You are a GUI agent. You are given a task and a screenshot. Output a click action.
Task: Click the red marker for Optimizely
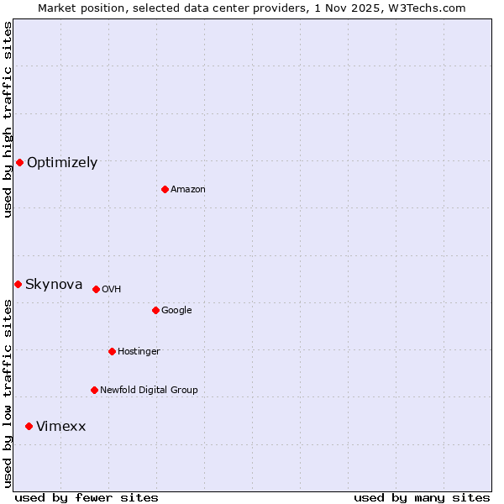19,162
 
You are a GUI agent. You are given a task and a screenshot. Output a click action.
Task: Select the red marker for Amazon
165,189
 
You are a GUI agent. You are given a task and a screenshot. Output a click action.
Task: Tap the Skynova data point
18,284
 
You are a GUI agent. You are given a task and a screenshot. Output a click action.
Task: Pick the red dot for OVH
96,289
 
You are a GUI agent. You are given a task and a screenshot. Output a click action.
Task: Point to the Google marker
155,310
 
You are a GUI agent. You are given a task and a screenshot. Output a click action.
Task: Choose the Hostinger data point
112,351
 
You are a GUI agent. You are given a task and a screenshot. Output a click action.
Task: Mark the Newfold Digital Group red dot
94,390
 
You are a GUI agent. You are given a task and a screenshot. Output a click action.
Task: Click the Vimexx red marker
29,427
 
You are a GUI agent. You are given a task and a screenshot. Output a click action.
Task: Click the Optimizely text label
62,163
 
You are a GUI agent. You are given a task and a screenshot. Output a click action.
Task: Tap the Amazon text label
188,190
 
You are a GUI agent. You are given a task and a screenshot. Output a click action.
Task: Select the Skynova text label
54,285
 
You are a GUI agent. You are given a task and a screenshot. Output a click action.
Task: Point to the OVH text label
112,290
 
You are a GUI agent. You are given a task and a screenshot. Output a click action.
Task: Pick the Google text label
176,311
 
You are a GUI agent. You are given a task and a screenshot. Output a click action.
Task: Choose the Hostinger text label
139,352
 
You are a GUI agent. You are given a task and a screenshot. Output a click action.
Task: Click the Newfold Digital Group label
149,391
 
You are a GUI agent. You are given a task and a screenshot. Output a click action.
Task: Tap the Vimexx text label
60,427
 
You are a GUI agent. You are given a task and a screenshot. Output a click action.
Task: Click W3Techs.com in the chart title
428,8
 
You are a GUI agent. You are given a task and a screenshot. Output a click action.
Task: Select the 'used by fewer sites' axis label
87,498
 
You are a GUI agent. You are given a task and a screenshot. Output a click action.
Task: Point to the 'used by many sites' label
422,498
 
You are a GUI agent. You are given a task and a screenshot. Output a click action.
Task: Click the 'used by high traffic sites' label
8,119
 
